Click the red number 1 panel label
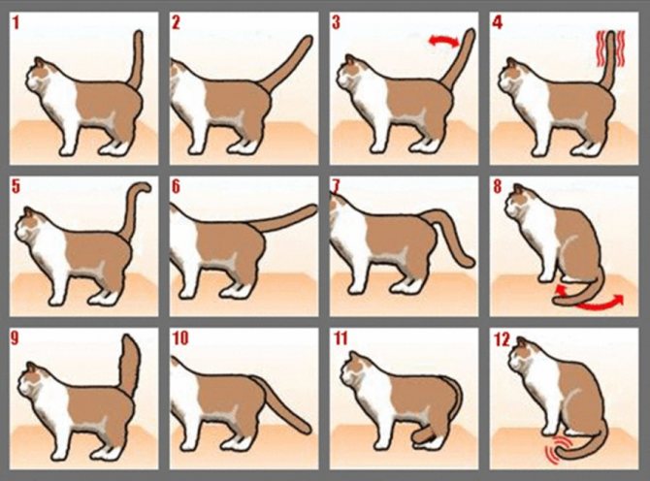(x=16, y=22)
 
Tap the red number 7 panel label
(x=336, y=187)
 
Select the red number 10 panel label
(x=180, y=338)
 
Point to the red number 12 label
(x=502, y=339)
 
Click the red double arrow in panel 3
(x=443, y=40)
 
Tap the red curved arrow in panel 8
(x=589, y=299)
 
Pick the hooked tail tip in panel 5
(x=145, y=186)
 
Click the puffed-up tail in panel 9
(x=130, y=365)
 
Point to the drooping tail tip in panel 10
(x=304, y=427)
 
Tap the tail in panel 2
(x=286, y=62)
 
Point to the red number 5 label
(x=16, y=187)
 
